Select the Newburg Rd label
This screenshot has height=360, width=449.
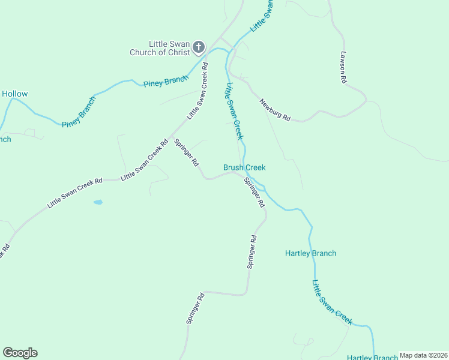[275, 110]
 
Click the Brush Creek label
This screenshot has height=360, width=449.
[244, 168]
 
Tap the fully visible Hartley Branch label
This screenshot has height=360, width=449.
[310, 253]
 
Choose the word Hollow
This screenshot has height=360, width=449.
[14, 94]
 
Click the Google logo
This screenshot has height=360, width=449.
[20, 353]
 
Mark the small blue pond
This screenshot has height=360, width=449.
[98, 202]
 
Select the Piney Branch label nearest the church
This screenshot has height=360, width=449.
[166, 81]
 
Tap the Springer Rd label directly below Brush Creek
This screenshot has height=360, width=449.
[254, 192]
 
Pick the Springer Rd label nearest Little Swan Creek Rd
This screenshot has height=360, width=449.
[187, 152]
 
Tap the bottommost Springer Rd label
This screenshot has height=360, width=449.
[196, 309]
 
